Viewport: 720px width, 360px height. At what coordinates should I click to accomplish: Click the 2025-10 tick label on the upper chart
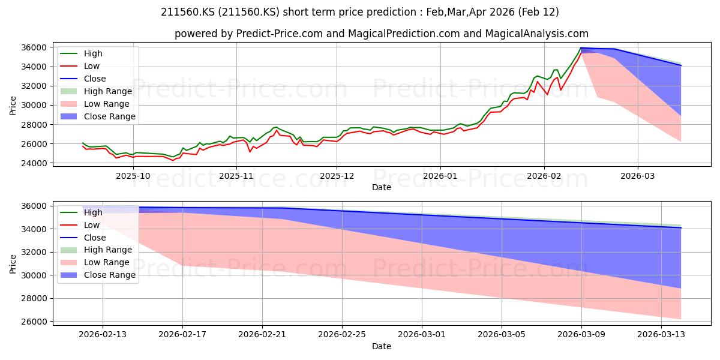[x=133, y=176]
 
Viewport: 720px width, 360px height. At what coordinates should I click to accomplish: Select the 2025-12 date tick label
[x=337, y=176]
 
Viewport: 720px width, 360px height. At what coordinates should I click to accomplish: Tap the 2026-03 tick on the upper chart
[x=637, y=176]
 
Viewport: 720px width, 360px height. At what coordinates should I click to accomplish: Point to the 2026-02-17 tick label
[x=182, y=335]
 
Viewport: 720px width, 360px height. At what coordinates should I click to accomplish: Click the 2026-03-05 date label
[x=502, y=335]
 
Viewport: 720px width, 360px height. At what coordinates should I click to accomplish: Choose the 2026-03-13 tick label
[x=661, y=335]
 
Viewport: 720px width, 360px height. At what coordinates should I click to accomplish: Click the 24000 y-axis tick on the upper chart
[x=34, y=163]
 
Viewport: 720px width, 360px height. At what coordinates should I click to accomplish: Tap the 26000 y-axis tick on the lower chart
[x=34, y=322]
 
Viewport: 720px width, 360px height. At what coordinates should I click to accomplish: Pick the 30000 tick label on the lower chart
[x=34, y=275]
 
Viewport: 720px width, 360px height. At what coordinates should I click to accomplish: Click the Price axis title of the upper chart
[x=13, y=106]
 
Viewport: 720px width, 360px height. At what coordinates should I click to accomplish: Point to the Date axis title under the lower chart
[x=382, y=347]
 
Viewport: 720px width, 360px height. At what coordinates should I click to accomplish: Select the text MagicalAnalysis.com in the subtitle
[x=537, y=34]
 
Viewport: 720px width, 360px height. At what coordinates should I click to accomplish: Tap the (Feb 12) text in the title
[x=538, y=12]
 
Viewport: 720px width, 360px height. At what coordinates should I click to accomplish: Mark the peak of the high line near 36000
[x=581, y=48]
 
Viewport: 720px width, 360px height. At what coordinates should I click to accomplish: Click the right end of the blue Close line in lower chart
[x=681, y=228]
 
